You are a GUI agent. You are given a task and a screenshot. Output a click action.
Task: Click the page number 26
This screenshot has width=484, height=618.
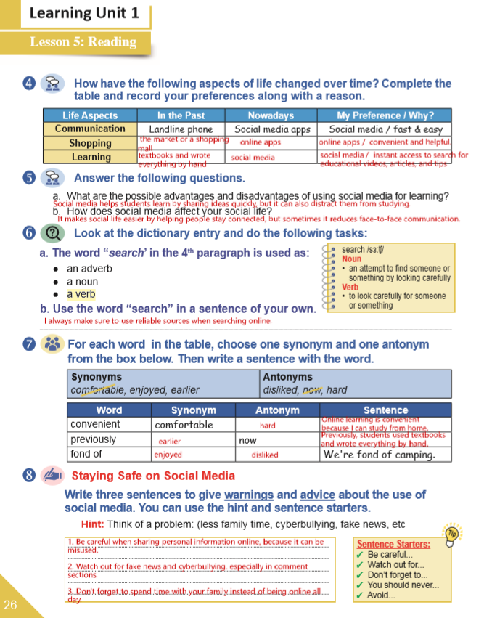[10, 604]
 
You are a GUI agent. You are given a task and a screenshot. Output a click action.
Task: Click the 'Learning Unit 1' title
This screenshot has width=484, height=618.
[74, 14]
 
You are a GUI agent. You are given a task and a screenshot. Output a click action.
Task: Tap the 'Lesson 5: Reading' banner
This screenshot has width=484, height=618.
[83, 42]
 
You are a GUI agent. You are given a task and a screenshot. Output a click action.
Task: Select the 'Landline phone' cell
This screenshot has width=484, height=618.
[181, 129]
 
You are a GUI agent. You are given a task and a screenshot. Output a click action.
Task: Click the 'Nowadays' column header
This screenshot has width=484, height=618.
[271, 115]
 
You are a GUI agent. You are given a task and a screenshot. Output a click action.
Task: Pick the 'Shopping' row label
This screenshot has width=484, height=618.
[90, 143]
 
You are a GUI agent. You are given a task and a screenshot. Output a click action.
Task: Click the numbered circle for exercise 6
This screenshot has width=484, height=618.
[29, 234]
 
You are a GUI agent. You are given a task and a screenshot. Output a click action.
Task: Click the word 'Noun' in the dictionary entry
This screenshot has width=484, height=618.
[351, 259]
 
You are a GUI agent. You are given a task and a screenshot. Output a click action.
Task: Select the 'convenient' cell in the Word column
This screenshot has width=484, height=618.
[95, 424]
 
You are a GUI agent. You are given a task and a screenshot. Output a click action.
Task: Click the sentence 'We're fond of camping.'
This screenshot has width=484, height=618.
[379, 455]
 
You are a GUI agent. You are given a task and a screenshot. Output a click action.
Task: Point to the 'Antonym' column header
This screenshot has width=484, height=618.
[277, 410]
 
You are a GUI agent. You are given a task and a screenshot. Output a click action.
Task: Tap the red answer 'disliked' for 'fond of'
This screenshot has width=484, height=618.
[265, 455]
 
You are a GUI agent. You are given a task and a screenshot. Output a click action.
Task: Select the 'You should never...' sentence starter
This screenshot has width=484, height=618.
[403, 585]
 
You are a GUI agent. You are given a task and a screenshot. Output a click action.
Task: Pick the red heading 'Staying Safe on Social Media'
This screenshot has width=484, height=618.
[153, 476]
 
